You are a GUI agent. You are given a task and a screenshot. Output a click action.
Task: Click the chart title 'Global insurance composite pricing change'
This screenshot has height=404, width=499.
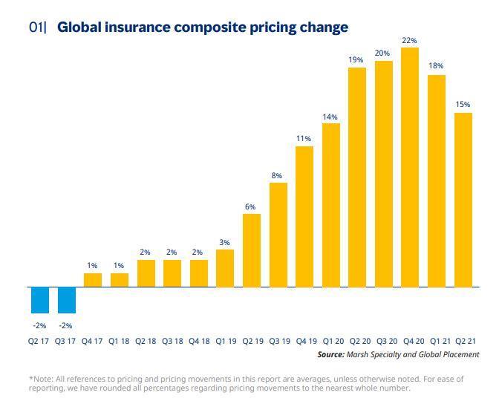coord(202,27)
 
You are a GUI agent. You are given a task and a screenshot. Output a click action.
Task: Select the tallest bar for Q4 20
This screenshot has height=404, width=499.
coord(409,167)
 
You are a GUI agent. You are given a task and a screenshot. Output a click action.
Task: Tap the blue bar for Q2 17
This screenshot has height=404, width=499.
coord(39,299)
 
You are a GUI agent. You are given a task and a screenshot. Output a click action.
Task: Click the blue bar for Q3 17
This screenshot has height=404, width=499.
coord(66,299)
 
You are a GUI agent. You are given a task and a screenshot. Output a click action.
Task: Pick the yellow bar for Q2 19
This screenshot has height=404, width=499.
coord(252,250)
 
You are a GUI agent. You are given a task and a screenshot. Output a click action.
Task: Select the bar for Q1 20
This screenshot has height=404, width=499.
coord(330,204)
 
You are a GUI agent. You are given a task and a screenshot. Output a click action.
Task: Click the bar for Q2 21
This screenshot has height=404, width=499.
coord(463,199)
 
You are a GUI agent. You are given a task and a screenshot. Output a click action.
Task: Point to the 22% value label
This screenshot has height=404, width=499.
coord(409,40)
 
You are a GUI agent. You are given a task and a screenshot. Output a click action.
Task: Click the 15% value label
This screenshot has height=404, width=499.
coord(463,105)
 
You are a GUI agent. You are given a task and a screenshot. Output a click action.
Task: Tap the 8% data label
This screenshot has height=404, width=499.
coord(277,175)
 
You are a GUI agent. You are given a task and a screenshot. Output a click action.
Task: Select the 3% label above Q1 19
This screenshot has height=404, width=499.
coord(224,242)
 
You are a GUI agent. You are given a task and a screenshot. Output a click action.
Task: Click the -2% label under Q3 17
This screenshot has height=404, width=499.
coord(66,325)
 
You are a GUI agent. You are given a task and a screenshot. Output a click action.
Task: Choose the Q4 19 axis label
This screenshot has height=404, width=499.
coord(304,342)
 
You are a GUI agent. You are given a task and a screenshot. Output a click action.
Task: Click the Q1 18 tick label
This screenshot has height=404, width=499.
coord(119,342)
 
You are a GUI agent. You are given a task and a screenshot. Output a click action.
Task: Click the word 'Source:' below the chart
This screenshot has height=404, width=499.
coord(330,355)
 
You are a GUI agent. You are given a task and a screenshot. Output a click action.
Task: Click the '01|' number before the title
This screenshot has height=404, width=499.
coord(38,27)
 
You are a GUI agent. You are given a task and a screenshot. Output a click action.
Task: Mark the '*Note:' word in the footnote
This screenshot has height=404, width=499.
coord(42,379)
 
